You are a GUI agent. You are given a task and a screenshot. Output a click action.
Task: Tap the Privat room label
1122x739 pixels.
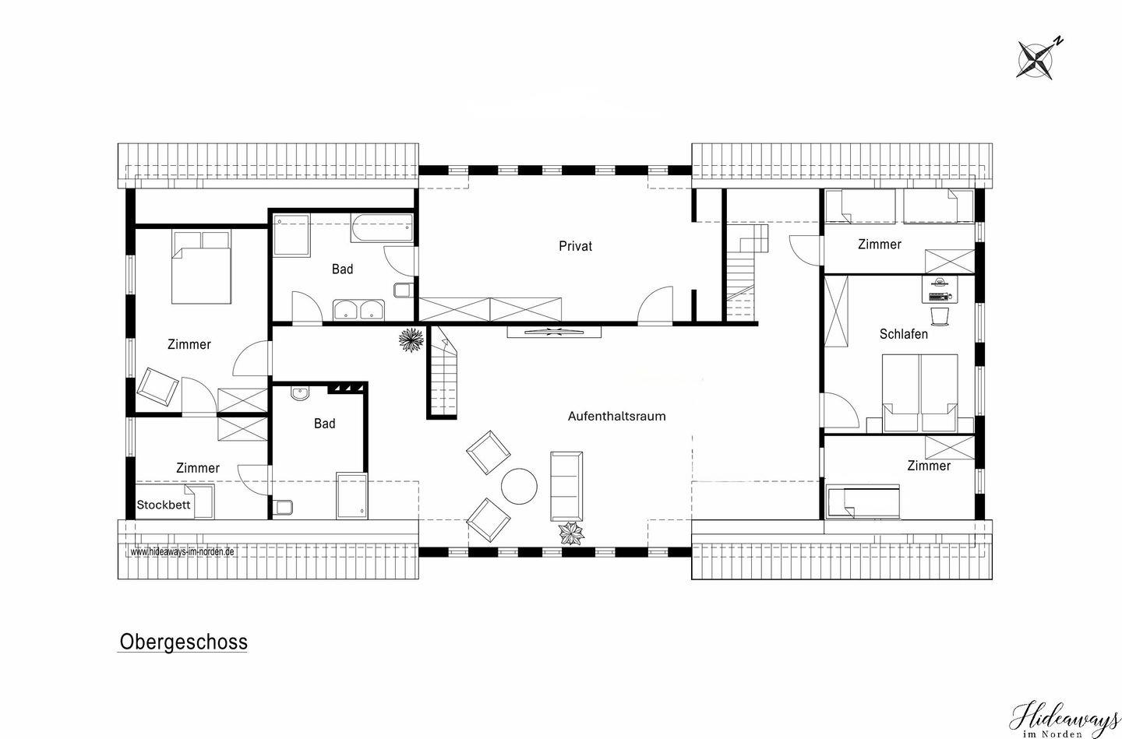576,246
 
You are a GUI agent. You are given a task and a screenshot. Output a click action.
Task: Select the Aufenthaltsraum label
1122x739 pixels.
616,416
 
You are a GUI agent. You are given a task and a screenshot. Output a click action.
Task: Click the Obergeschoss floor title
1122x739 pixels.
183,642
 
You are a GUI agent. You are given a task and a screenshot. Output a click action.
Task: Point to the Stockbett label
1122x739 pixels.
164,505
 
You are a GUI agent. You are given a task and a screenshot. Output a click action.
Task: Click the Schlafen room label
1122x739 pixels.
904,334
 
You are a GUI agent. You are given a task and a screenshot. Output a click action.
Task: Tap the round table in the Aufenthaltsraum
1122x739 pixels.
519,486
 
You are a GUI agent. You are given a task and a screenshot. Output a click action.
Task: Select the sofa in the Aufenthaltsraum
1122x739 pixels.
566,486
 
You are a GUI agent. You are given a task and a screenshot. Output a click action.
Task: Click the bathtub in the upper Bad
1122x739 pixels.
382,228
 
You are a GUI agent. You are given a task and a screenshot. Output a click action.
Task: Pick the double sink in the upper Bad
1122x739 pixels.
358,309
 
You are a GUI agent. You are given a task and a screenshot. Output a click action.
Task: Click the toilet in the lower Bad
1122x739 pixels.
283,507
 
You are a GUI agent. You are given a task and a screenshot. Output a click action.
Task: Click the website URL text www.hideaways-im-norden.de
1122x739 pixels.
182,551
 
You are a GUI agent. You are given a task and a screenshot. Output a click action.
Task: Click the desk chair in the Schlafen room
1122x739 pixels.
940,316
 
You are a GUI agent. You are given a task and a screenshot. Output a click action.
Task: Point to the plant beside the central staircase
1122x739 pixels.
411,340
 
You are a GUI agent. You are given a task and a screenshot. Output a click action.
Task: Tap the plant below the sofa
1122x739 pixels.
571,533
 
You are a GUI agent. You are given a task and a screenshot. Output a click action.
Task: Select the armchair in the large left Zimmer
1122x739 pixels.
157,387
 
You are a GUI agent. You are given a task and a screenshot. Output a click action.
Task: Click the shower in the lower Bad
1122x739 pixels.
351,496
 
